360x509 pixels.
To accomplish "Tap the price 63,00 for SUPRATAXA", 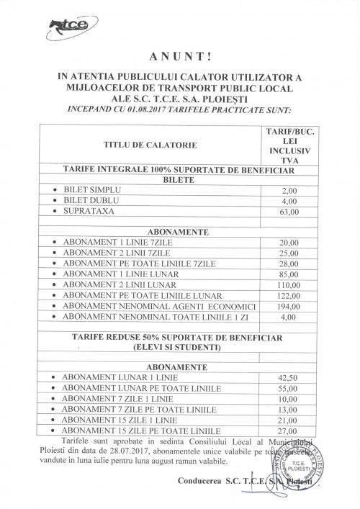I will pyautogui.click(x=292, y=212).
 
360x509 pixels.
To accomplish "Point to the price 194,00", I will pyautogui.click(x=292, y=306).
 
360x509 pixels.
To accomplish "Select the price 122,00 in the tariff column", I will pyautogui.click(x=292, y=294).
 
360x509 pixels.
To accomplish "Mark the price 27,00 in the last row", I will pyautogui.click(x=292, y=431).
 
